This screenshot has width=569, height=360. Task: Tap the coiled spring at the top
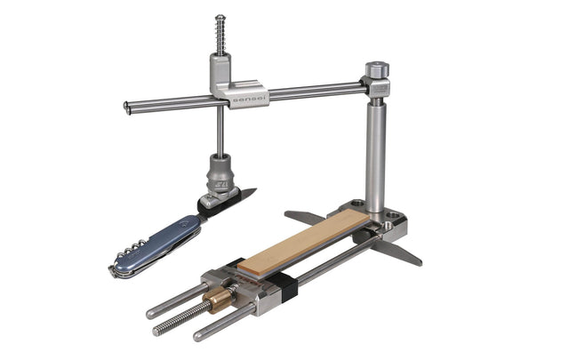(x=220, y=36)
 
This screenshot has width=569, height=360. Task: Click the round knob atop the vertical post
(x=376, y=69)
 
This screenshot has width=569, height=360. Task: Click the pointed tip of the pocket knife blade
(x=254, y=189)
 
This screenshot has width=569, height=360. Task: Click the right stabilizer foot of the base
(x=397, y=254)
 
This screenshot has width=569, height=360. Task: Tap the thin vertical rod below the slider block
(x=220, y=133)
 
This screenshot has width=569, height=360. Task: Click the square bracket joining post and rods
(x=376, y=86)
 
